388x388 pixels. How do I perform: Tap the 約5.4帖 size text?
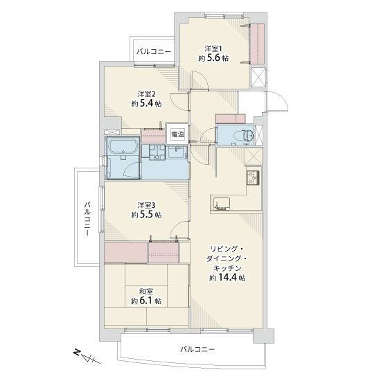[x=146, y=103]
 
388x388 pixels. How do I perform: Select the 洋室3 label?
[x=146, y=205]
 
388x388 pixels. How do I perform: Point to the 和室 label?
[x=146, y=291]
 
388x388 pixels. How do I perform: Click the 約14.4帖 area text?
[x=227, y=278]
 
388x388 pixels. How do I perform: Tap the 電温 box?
[x=177, y=134]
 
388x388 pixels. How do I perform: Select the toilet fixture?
[x=247, y=136]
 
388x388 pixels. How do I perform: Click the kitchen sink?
[x=221, y=204]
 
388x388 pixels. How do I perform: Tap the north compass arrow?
[x=87, y=357]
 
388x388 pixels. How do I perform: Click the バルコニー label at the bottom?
[x=197, y=349]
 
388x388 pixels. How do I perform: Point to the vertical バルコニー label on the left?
[x=87, y=218]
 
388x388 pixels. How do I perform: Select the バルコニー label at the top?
[x=154, y=52]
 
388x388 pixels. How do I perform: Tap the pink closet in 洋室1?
[x=258, y=44]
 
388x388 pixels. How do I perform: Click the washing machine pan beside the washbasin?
[x=154, y=152]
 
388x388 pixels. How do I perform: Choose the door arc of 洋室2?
[x=178, y=100]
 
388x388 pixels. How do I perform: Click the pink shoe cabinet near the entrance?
[x=230, y=118]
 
